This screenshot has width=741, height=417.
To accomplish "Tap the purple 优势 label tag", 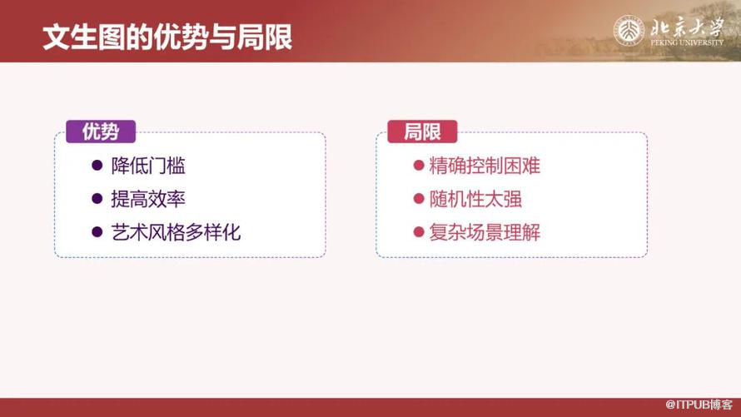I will pyautogui.click(x=101, y=132).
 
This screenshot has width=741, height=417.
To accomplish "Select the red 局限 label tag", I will pyautogui.click(x=422, y=132).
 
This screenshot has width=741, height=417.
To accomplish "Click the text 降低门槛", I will pyautogui.click(x=148, y=166).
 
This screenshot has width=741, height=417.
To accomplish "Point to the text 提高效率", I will pyautogui.click(x=148, y=199).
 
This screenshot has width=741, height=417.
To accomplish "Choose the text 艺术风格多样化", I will pyautogui.click(x=176, y=232).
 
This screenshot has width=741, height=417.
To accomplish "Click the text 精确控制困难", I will pyautogui.click(x=485, y=166).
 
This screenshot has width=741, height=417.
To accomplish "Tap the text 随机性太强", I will pyautogui.click(x=475, y=199).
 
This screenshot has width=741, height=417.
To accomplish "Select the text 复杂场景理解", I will pyautogui.click(x=485, y=232).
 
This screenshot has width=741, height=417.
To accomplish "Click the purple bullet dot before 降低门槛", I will pyautogui.click(x=97, y=166).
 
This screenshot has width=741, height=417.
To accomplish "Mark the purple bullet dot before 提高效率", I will pyautogui.click(x=97, y=199).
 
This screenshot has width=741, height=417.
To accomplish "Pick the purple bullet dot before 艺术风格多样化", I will pyautogui.click(x=97, y=232).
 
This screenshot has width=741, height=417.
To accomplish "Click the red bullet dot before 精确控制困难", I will pyautogui.click(x=419, y=166).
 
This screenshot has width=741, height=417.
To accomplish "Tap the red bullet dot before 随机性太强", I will pyautogui.click(x=419, y=199).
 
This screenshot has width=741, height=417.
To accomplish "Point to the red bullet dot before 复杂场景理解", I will pyautogui.click(x=419, y=232).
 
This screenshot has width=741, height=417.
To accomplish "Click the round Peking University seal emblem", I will pyautogui.click(x=629, y=31).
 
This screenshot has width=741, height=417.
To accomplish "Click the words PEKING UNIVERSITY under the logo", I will pyautogui.click(x=687, y=42).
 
